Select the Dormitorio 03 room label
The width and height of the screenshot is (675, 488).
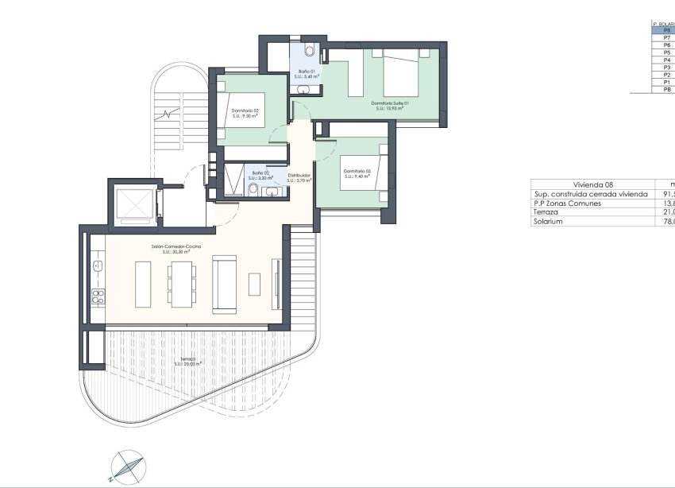357,173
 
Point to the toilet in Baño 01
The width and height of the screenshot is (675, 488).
311,52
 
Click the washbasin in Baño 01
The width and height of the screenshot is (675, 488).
304,91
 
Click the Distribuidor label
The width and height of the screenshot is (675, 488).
299,176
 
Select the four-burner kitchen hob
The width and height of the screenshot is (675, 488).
98,297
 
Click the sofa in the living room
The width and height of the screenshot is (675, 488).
225,283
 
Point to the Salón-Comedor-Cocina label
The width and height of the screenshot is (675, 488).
177,248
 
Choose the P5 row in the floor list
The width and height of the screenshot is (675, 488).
666,53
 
